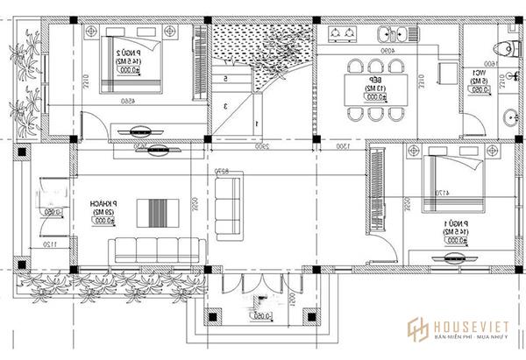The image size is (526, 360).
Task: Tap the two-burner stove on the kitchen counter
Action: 343,34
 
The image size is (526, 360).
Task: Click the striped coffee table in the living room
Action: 162,214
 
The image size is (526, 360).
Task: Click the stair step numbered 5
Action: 226,79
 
